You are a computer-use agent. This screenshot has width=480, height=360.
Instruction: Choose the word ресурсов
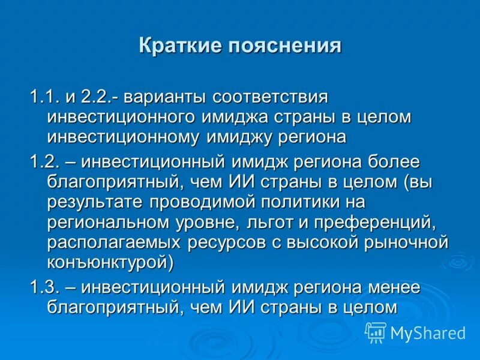click(227, 242)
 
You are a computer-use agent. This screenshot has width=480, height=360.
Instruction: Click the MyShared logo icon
click(376, 332)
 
